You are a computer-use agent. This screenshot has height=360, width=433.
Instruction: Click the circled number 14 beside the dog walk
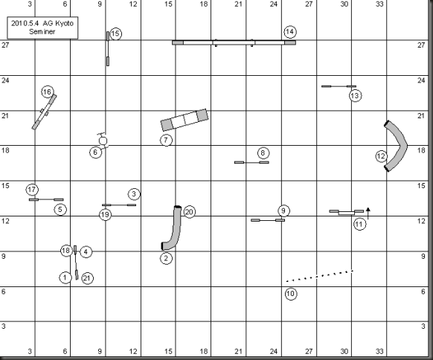pos(290,32)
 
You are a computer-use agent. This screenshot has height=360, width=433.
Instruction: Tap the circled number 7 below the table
pos(166,140)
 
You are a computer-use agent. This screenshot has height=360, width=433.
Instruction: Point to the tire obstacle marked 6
pos(103,141)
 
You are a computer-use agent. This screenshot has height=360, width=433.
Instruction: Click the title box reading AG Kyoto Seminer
pos(42,28)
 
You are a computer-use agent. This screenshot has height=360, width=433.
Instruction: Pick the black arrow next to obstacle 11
pos(368,213)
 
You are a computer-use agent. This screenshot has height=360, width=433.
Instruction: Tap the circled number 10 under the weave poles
pos(291,294)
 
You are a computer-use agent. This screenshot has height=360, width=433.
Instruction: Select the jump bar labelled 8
pos(251,162)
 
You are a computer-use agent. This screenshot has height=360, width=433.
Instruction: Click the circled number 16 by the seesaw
pos(48,92)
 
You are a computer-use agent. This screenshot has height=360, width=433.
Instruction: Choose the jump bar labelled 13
pos(339,86)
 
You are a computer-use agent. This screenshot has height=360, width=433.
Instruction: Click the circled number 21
pos(87,278)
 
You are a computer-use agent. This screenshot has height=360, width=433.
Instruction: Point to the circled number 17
pos(32,190)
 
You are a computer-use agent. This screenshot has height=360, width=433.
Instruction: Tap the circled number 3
pos(134,194)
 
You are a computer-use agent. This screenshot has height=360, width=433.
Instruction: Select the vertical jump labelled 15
pos(108,48)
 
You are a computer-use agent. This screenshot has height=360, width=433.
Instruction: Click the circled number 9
pos(283,211)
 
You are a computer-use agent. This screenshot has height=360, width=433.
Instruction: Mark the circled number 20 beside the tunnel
pos(189,212)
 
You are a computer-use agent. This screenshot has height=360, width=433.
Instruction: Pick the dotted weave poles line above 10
pos(319,276)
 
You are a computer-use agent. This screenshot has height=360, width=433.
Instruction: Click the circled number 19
pos(105,215)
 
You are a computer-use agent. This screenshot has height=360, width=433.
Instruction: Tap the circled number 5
pos(60,210)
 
